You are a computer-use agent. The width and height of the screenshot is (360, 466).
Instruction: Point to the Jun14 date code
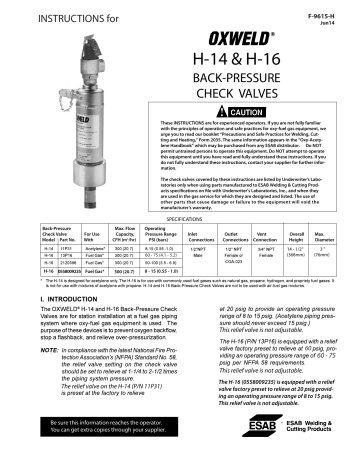(339, 16)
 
